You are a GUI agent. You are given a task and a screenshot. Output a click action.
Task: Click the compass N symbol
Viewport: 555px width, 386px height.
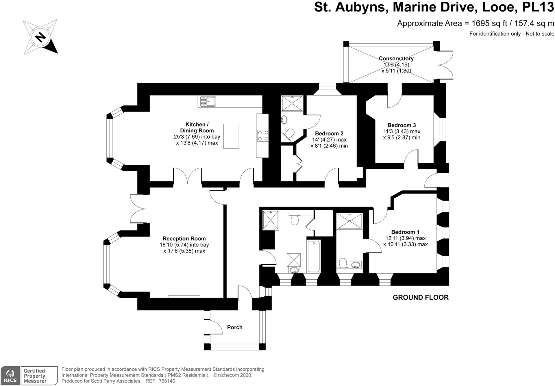click(x=41, y=37)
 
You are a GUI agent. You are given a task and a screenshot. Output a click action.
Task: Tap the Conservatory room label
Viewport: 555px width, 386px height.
click(x=396, y=59)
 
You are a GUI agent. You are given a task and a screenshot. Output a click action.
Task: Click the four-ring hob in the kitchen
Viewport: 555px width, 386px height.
click(x=262, y=136)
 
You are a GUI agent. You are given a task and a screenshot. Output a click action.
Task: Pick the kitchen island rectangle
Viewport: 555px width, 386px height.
click(x=231, y=136)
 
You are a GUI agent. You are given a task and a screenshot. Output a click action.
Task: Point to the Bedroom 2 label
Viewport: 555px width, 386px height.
click(x=329, y=133)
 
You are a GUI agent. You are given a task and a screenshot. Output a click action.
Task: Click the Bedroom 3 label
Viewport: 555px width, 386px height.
click(x=402, y=125)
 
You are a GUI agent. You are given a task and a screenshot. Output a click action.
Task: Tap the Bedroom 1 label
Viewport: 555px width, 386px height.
click(x=405, y=232)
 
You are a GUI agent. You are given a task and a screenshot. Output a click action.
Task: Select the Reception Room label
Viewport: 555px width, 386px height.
click(x=184, y=239)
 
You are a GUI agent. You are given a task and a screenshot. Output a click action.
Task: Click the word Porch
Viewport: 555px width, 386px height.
click(x=235, y=327)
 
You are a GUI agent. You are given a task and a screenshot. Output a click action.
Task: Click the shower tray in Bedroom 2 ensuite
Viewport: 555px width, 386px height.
click(x=292, y=103)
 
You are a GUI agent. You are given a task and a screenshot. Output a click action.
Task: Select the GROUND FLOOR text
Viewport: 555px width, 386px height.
click(x=420, y=297)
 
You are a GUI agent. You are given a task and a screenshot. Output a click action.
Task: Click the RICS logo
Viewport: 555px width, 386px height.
click(x=10, y=376)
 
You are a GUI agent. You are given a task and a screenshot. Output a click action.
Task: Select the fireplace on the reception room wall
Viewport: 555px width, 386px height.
click(x=184, y=296)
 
